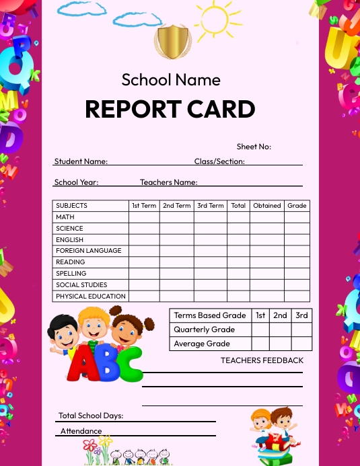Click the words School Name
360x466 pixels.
(171, 79)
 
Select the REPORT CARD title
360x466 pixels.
(170, 109)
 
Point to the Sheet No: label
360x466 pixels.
(254, 147)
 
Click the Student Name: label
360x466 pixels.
(81, 161)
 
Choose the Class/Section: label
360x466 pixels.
(219, 161)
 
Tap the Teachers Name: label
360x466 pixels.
(168, 182)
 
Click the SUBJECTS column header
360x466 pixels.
(71, 206)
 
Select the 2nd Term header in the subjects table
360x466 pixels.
(177, 206)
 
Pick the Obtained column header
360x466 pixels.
(266, 206)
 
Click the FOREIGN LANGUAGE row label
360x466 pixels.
(89, 251)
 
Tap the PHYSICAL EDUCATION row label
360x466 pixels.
(91, 296)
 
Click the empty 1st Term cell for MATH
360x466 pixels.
(144, 217)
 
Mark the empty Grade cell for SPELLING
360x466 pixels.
(297, 274)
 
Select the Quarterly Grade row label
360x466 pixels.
(205, 329)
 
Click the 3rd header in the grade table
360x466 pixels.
(301, 315)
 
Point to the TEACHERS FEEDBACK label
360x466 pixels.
(262, 360)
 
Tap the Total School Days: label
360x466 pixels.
(91, 416)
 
